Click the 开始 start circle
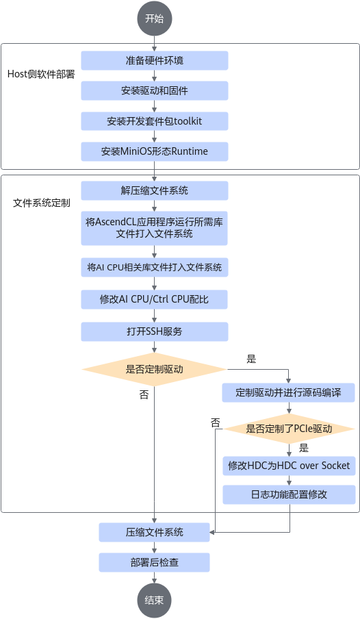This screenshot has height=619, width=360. coord(155,18)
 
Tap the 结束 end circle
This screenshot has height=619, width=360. coord(155,601)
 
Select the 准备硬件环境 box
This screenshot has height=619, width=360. coord(155,60)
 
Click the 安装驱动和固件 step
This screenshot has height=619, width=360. coord(155,91)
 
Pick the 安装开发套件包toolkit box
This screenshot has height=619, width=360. coord(155,121)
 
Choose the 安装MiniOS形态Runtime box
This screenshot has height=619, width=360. coord(155,151)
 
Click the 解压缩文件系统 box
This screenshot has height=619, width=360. coord(155,190)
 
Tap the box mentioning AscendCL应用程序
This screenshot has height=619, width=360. coord(155,228)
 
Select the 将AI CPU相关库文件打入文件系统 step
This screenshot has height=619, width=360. coord(155,267)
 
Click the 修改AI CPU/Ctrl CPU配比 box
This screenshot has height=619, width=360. coord(155,299)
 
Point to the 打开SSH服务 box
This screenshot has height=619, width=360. coord(155,331)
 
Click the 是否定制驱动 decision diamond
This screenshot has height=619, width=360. coord(155,370)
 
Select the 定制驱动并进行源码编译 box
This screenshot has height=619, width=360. coord(289,393)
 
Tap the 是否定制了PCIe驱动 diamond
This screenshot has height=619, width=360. coord(289,429)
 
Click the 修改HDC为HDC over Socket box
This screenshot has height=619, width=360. coord(289,466)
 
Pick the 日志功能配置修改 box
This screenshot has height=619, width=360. coord(289,494)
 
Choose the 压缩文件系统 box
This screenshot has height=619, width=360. coord(155,532)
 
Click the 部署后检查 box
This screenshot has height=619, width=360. coord(155,563)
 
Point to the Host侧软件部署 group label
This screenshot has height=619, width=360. coord(41,74)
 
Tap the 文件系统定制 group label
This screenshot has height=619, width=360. coord(42,203)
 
